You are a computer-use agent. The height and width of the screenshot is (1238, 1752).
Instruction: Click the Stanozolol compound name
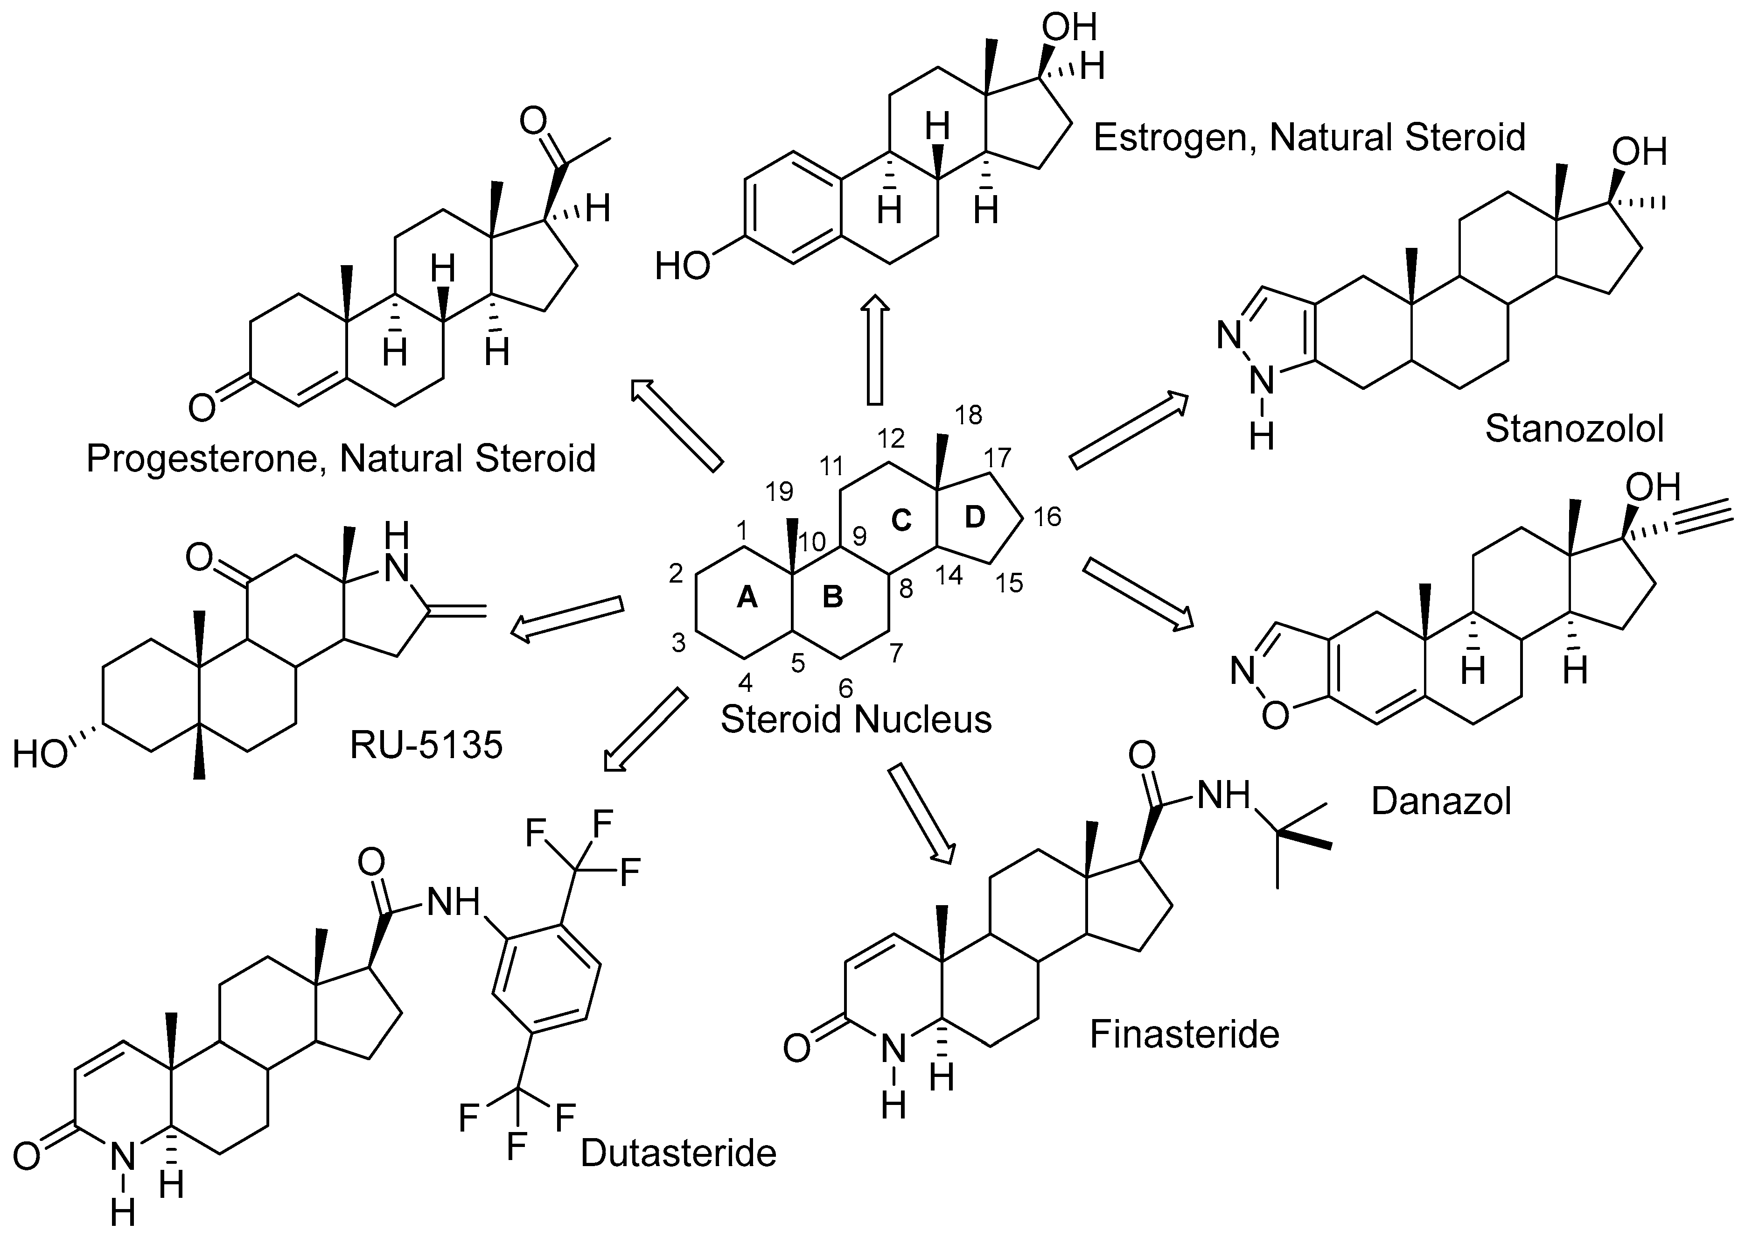(x=1573, y=430)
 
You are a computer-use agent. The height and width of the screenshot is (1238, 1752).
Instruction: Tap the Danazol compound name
(x=1441, y=802)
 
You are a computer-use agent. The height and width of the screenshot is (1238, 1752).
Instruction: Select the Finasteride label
(x=1184, y=1035)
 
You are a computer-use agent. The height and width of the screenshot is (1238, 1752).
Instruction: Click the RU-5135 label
(x=426, y=745)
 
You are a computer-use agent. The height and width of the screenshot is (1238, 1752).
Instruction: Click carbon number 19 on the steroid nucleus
(x=779, y=492)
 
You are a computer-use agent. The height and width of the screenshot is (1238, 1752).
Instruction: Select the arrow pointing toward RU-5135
(x=567, y=617)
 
